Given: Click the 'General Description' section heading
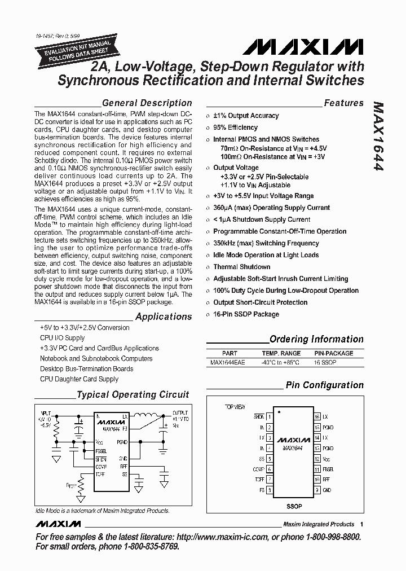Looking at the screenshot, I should (x=147, y=103).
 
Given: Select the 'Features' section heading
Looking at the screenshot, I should (x=343, y=103).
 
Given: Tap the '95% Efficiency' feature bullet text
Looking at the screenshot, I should (x=235, y=128).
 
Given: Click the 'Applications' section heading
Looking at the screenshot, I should (x=164, y=317).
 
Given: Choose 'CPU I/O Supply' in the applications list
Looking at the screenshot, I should (x=62, y=338).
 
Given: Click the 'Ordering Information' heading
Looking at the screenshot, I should (x=316, y=340).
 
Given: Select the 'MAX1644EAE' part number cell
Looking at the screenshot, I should (x=228, y=362).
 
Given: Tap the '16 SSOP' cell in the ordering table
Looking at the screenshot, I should (x=325, y=362).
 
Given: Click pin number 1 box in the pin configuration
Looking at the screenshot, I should (x=270, y=416).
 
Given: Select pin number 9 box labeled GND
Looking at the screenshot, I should (x=317, y=490).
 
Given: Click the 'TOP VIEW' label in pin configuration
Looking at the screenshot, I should (x=235, y=406).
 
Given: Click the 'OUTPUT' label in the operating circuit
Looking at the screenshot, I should (x=180, y=413).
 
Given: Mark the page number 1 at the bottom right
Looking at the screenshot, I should (x=361, y=524).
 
